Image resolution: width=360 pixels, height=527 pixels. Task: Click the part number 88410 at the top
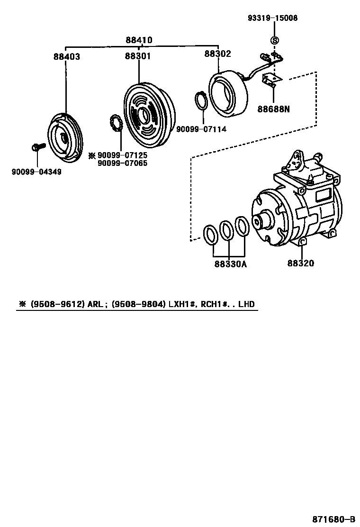click(139, 40)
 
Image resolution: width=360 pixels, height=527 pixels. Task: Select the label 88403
click(66, 56)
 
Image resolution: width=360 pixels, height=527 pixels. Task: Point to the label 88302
click(217, 54)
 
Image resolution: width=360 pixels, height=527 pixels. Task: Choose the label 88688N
click(273, 109)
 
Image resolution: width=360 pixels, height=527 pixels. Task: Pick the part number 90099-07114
click(201, 129)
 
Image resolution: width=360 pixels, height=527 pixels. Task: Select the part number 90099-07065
click(122, 163)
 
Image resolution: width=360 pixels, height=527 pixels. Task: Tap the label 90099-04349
click(36, 171)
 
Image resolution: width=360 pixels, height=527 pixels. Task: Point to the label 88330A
click(230, 264)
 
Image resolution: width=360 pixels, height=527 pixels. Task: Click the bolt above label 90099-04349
click(37, 147)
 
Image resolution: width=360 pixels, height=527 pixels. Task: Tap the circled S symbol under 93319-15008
click(274, 40)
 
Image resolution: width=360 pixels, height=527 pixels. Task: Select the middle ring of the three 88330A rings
click(226, 230)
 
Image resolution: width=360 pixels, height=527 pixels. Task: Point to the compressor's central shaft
click(260, 221)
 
